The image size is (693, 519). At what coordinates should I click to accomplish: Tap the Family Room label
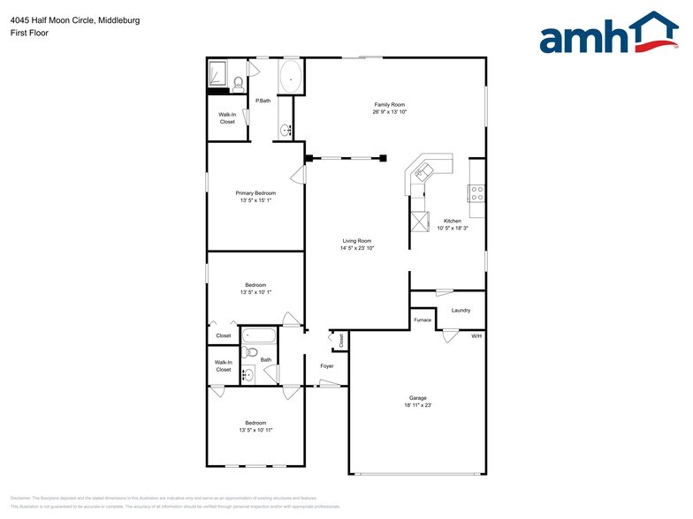(x=389, y=105)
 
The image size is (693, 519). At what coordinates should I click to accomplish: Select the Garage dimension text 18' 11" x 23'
(x=418, y=405)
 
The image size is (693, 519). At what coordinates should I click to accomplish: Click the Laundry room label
(x=461, y=310)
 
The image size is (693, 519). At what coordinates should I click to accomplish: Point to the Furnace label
(x=423, y=320)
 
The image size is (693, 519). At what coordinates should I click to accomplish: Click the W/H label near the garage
(x=476, y=336)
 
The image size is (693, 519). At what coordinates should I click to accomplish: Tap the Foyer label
(x=326, y=365)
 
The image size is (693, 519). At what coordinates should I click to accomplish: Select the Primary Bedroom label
(x=255, y=193)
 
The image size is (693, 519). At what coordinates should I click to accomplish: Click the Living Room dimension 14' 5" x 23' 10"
(x=357, y=248)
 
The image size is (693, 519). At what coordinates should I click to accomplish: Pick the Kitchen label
(x=452, y=221)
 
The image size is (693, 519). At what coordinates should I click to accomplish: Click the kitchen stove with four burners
(x=476, y=192)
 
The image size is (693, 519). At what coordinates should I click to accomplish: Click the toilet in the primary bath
(x=238, y=85)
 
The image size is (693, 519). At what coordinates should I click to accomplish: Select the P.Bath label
(x=263, y=101)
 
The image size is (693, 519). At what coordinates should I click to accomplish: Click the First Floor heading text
(x=29, y=33)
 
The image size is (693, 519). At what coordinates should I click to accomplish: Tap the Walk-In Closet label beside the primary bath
(x=227, y=118)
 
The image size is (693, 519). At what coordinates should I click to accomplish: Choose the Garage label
(x=418, y=397)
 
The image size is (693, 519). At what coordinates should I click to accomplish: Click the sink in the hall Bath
(x=248, y=374)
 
